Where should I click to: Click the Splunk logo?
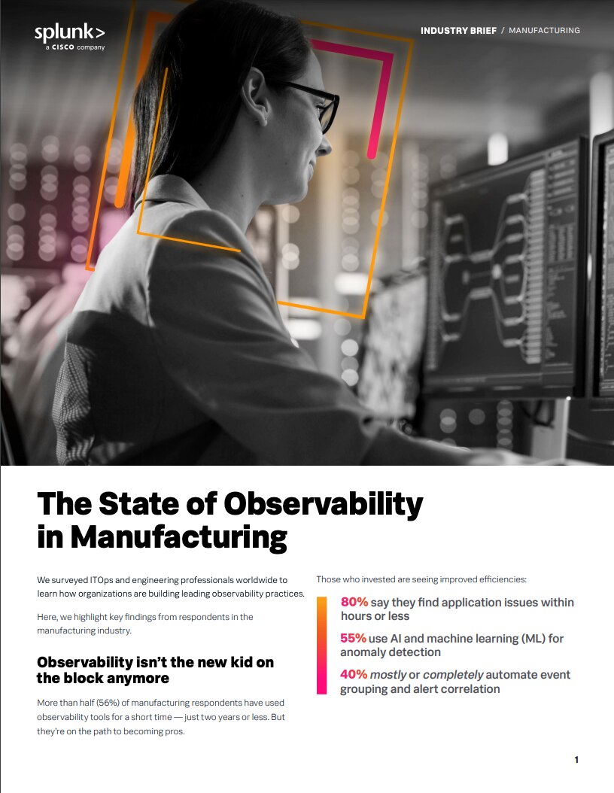pos(69,33)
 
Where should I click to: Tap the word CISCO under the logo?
pos(62,47)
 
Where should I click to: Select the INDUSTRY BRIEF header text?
pos(458,31)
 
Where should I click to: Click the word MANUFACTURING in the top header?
pos(544,31)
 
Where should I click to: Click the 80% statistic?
pos(354,603)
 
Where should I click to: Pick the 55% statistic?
pos(353,639)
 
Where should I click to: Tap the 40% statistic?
pos(354,675)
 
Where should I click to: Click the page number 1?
pos(576,760)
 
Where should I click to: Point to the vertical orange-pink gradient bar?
pos(321,645)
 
